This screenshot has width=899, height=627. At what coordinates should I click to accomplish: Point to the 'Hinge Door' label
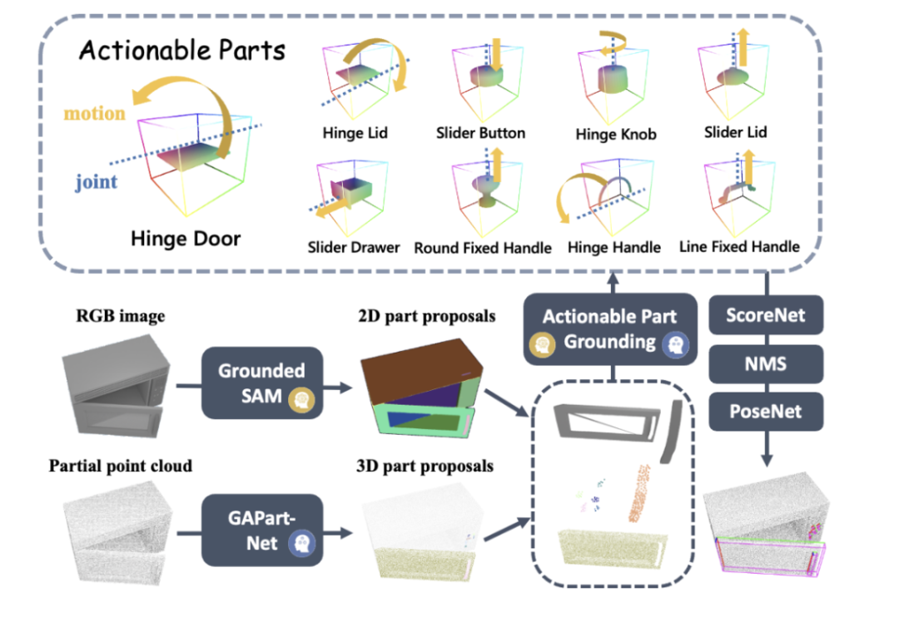pos(185,239)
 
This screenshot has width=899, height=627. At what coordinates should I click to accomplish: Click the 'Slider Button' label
pos(480,133)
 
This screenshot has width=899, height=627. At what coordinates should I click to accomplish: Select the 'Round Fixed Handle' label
pos(483,248)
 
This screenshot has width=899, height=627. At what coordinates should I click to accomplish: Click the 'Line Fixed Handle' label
pos(739,246)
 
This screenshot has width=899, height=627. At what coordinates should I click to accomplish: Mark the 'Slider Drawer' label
pos(354,248)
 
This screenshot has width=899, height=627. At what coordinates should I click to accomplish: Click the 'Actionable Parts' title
pos(181,51)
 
